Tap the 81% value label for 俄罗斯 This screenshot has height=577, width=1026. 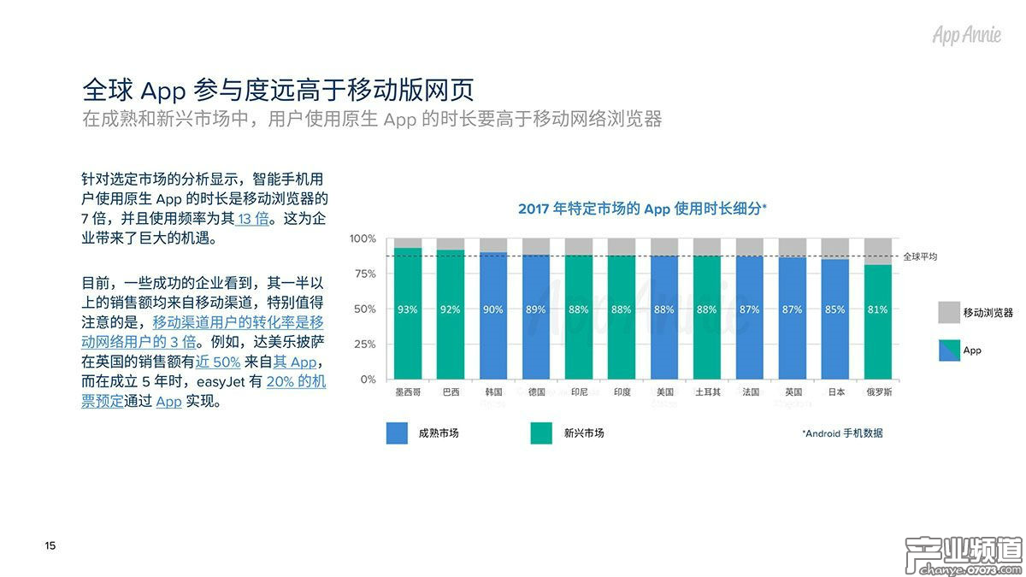878,309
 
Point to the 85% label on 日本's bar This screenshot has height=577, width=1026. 835,309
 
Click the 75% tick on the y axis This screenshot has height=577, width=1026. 363,274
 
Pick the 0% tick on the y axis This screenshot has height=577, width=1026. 367,379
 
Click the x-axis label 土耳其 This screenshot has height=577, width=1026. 707,392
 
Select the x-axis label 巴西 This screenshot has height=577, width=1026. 451,392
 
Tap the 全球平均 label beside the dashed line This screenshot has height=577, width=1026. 921,256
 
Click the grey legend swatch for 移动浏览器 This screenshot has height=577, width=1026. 949,313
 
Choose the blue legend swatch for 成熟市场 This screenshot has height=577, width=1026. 398,433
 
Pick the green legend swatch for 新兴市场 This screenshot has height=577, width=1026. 542,433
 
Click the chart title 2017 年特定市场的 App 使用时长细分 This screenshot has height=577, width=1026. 642,208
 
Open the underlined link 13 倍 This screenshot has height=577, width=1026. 252,219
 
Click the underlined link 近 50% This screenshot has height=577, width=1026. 218,362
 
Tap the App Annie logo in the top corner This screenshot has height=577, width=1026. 966,35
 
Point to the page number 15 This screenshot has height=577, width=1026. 50,545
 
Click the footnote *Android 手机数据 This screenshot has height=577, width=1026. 842,433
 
